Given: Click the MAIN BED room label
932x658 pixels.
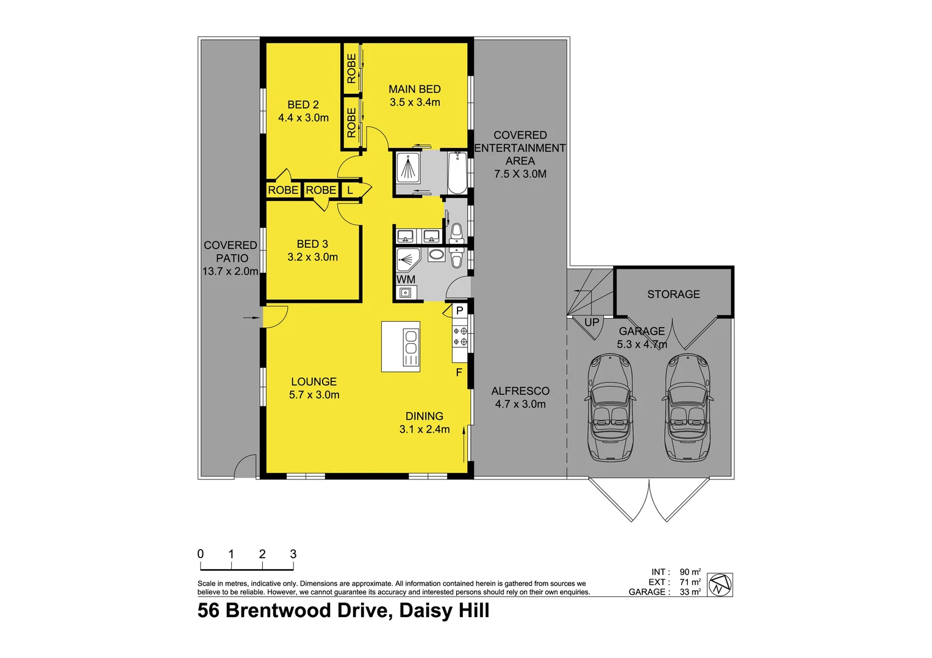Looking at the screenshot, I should (414, 89).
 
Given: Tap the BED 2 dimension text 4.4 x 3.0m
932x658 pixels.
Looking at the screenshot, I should (303, 118).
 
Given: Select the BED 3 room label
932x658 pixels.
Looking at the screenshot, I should (312, 244).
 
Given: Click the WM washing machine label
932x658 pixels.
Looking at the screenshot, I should (406, 280).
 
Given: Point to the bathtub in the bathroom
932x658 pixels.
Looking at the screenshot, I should (457, 172).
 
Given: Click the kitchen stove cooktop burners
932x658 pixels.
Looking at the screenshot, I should (460, 336).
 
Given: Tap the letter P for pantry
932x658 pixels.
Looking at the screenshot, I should (459, 310).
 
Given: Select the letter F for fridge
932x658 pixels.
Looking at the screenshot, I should (459, 372).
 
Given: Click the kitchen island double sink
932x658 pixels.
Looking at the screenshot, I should (411, 342).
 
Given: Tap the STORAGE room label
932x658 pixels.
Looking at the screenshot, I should (673, 294).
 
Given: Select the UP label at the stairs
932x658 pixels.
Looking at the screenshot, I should (592, 322).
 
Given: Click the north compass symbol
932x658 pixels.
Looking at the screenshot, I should (720, 585).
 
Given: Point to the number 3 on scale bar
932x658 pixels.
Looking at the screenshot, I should (293, 554).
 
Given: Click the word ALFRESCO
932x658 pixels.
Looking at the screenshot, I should (520, 391).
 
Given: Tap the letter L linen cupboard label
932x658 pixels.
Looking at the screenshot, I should (350, 190).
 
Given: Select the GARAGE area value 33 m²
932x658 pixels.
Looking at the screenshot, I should (690, 592).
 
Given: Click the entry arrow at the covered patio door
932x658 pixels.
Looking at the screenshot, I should (250, 317).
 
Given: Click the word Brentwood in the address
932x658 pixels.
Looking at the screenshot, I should (307, 610).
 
